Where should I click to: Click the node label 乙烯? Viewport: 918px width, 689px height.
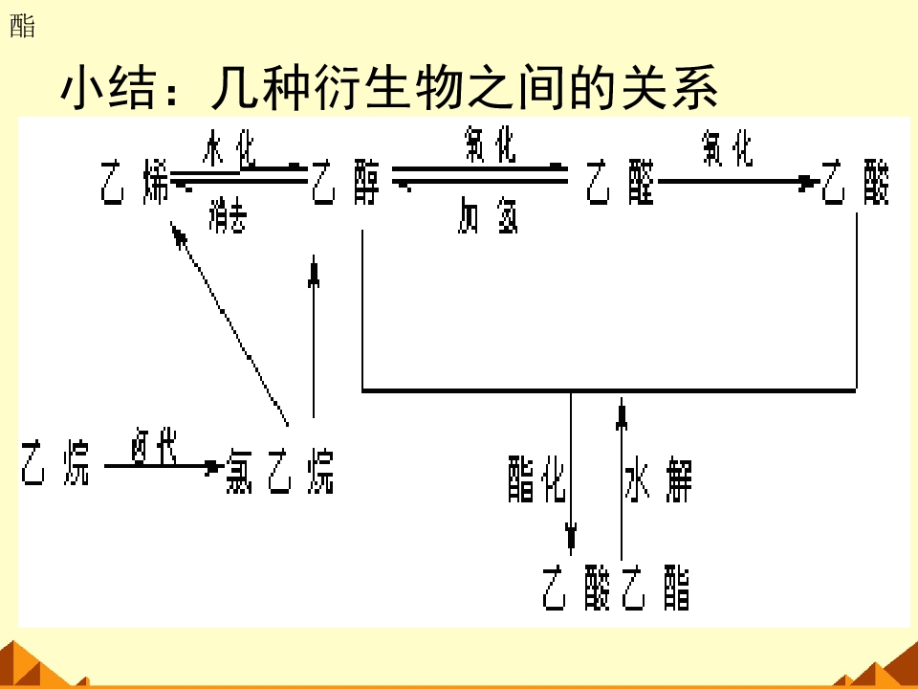click(135, 184)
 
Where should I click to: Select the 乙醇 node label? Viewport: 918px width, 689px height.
click(345, 183)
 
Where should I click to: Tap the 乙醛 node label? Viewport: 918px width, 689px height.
click(620, 183)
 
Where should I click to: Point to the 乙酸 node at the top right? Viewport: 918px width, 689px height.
click(856, 183)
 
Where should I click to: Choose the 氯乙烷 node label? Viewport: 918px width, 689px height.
click(280, 470)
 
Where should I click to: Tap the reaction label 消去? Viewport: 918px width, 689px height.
click(228, 218)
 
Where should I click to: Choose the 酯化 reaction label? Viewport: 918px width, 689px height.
click(536, 478)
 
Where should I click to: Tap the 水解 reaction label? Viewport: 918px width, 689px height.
click(658, 478)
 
